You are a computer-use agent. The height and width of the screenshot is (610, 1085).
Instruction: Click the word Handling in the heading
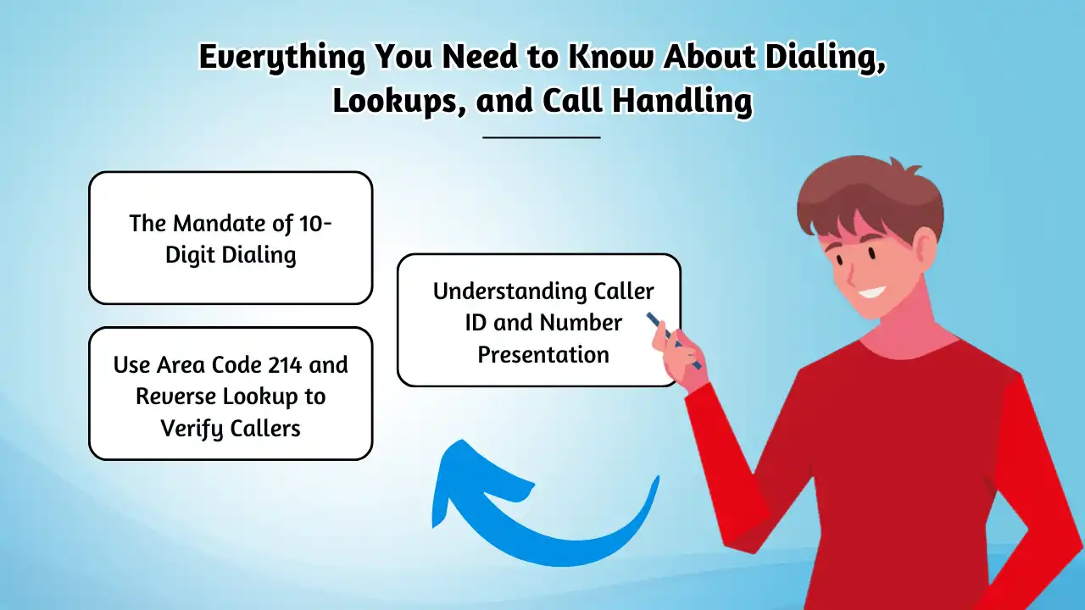pyautogui.click(x=682, y=103)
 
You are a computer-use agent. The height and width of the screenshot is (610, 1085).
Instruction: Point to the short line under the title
pyautogui.click(x=542, y=137)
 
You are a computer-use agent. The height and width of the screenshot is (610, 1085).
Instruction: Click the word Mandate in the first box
pyautogui.click(x=219, y=224)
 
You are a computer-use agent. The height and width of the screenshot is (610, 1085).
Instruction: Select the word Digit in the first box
pyautogui.click(x=189, y=255)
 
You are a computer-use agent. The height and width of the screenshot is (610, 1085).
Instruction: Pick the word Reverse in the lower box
pyautogui.click(x=175, y=396)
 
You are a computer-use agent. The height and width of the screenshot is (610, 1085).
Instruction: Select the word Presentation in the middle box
pyautogui.click(x=543, y=355)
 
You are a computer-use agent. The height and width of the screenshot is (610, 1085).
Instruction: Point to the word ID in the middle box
pyautogui.click(x=476, y=323)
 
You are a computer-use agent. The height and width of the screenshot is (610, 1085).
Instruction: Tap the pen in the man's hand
pyautogui.click(x=674, y=341)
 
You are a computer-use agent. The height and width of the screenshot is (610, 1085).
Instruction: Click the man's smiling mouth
pyautogui.click(x=872, y=293)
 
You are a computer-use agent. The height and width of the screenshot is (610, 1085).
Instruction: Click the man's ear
pyautogui.click(x=925, y=246)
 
